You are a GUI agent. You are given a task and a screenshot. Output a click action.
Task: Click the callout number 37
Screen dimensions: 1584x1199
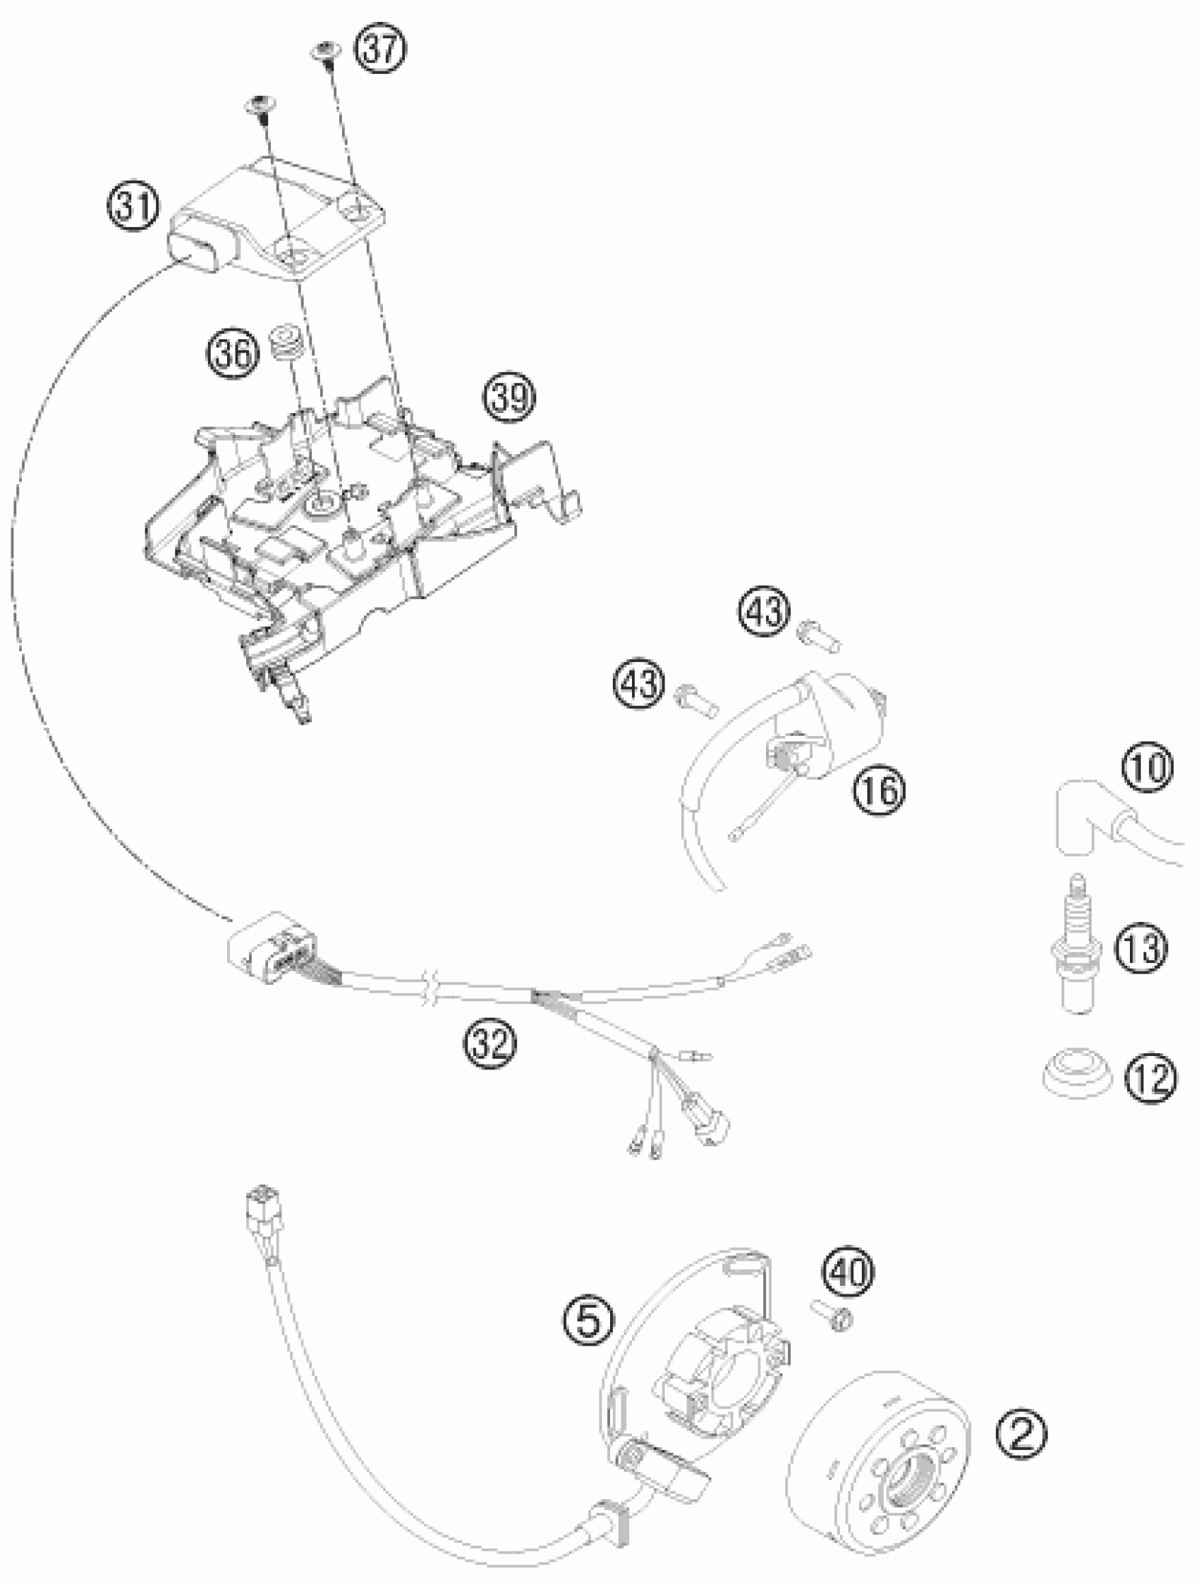381,51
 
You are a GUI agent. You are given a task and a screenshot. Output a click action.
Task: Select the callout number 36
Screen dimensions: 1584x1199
233,353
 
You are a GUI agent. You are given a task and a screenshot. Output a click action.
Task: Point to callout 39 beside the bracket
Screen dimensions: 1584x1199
509,397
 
